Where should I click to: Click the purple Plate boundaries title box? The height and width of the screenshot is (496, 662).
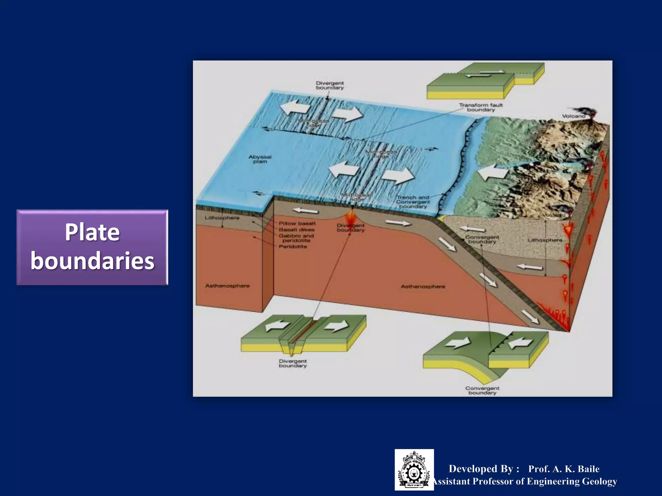(x=92, y=247)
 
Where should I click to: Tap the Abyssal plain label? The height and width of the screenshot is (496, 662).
(x=260, y=159)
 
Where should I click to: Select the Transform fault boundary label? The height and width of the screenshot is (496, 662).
(x=481, y=107)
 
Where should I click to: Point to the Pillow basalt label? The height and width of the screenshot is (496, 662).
(x=297, y=223)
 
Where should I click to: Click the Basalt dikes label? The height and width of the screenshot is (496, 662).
(x=296, y=230)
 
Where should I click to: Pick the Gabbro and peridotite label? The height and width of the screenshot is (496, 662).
(x=296, y=238)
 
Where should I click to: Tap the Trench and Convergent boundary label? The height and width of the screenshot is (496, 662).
(x=413, y=202)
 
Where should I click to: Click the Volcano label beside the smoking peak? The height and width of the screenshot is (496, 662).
(x=573, y=116)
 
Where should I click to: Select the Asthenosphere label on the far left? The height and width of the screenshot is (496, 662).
(x=227, y=286)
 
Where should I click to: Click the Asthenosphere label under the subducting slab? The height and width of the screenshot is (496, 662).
(x=423, y=286)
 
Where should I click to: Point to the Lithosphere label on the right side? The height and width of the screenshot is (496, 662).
(x=545, y=240)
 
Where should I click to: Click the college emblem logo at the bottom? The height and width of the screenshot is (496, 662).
(x=414, y=470)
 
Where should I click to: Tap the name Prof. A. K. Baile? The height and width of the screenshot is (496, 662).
(x=564, y=469)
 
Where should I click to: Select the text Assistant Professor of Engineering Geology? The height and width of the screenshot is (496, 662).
(x=525, y=481)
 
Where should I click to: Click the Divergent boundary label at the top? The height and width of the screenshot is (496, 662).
(x=330, y=85)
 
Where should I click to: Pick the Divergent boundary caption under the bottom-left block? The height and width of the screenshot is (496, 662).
(x=293, y=363)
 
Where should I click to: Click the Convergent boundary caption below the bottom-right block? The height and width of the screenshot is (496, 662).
(x=482, y=390)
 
